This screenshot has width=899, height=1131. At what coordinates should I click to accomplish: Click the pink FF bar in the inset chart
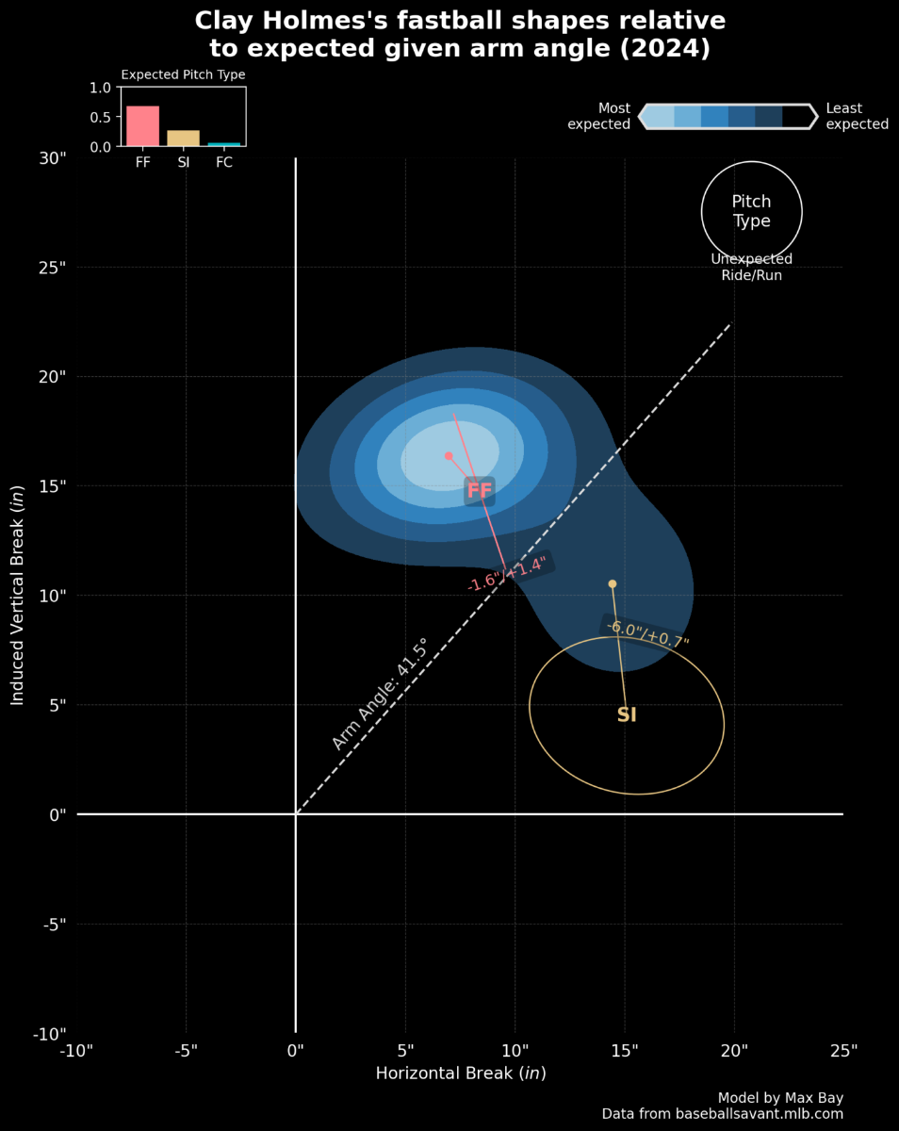pyautogui.click(x=142, y=125)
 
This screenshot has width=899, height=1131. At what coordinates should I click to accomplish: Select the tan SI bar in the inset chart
pyautogui.click(x=183, y=138)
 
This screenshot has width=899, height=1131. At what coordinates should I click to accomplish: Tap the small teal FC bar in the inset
pyautogui.click(x=224, y=144)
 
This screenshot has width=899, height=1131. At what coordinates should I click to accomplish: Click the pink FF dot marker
pyautogui.click(x=449, y=456)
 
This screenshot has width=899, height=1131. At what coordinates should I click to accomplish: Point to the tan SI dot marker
pyautogui.click(x=613, y=584)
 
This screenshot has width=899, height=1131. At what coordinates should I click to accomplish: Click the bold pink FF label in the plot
pyautogui.click(x=480, y=490)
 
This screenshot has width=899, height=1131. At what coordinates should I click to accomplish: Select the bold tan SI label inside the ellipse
pyautogui.click(x=627, y=715)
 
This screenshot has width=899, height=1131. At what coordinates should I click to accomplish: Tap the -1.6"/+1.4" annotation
pyautogui.click(x=507, y=574)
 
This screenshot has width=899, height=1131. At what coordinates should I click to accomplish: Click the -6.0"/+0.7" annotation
pyautogui.click(x=647, y=632)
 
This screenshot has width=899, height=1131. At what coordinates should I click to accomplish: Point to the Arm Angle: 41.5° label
pyautogui.click(x=381, y=694)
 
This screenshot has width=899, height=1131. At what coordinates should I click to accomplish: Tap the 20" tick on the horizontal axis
pyautogui.click(x=734, y=1050)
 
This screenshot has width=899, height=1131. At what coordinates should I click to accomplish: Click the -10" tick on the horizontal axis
pyautogui.click(x=76, y=1050)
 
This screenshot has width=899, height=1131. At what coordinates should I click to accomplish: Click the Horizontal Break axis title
pyautogui.click(x=461, y=1074)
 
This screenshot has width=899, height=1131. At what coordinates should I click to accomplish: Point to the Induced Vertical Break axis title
pyautogui.click(x=17, y=596)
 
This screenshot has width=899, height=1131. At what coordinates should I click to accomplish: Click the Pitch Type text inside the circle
pyautogui.click(x=751, y=212)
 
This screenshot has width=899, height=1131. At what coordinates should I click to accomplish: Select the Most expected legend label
pyautogui.click(x=599, y=116)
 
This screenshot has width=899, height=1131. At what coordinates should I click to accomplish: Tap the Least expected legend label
pyautogui.click(x=857, y=116)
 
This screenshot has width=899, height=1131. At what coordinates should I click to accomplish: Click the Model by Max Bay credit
pyautogui.click(x=780, y=1097)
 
